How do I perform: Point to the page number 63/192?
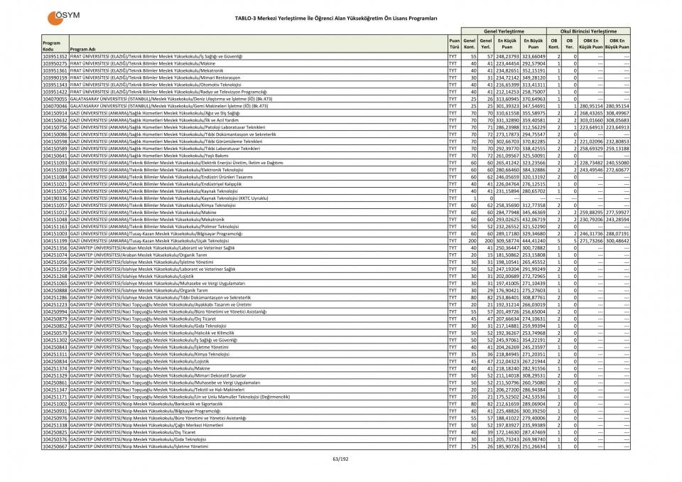[x=340, y=459]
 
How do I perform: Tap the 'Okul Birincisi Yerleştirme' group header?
[x=588, y=31]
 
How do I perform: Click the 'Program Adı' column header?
[x=83, y=49]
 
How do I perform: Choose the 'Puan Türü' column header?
[x=453, y=43]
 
